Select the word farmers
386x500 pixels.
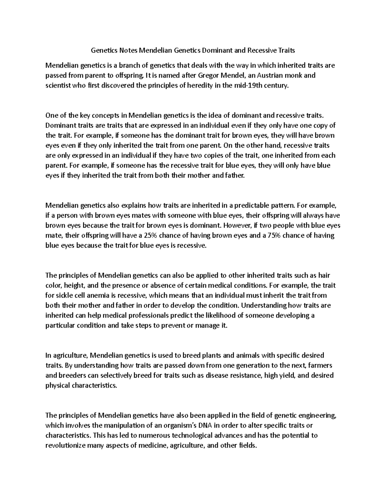pos(322,365)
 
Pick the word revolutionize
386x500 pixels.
pos(65,446)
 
